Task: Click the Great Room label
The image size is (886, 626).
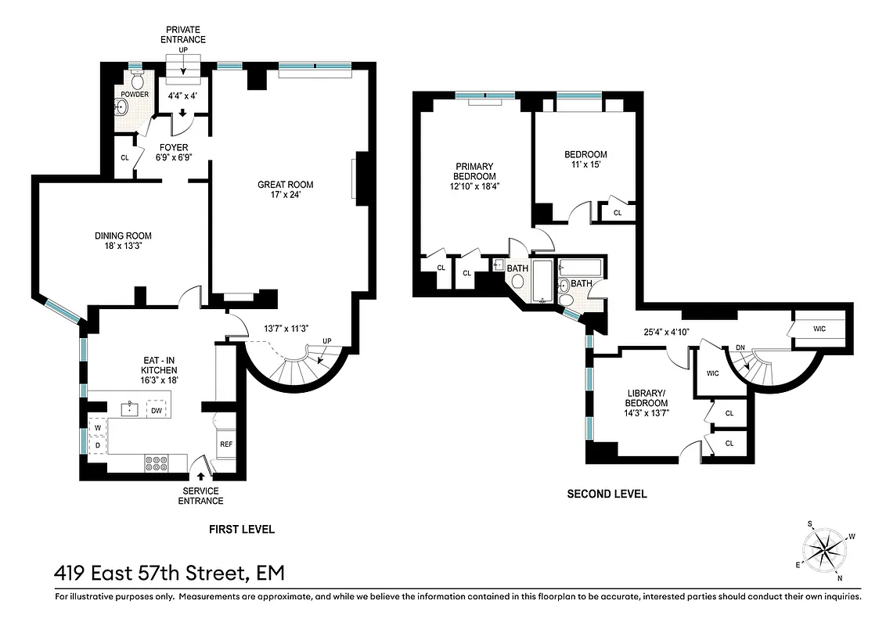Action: tap(285, 185)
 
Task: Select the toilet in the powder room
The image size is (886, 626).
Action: tap(137, 81)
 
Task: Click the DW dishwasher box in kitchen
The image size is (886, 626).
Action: tap(157, 409)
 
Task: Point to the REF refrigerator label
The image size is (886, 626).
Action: tap(226, 444)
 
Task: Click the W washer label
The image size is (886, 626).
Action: tap(99, 428)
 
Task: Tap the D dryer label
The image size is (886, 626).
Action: tap(99, 446)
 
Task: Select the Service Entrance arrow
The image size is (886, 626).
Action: tap(201, 475)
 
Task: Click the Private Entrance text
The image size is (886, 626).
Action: tap(183, 34)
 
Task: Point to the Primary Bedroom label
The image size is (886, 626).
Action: tap(474, 176)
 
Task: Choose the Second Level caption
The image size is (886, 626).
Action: tap(607, 494)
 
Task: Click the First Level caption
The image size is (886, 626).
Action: tap(241, 530)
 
